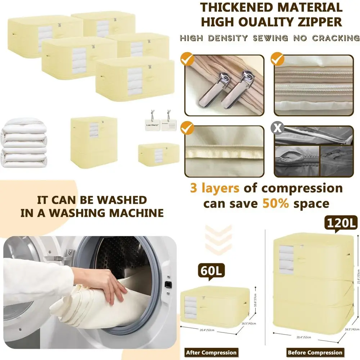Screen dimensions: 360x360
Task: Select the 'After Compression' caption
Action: (211, 352)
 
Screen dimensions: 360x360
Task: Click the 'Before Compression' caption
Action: (315, 352)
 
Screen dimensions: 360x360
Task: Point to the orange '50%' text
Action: (276, 203)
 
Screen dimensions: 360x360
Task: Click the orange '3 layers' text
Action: (215, 188)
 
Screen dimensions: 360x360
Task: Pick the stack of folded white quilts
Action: (24, 144)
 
